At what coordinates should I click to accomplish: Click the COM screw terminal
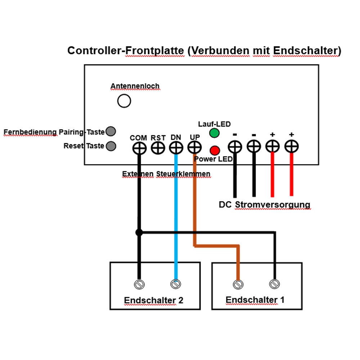[x=139, y=147]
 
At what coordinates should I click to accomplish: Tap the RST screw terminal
[x=158, y=147]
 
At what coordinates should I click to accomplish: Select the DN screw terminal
[x=176, y=147]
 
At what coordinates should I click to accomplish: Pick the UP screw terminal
[x=194, y=147]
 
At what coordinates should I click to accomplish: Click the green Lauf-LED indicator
[x=215, y=133]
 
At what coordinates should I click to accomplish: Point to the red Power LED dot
[x=215, y=150]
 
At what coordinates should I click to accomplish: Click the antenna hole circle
[x=124, y=101]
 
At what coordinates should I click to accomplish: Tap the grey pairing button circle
[x=111, y=132]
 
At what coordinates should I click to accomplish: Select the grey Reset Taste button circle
[x=111, y=146]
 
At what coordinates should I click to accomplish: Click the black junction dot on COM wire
[x=139, y=233]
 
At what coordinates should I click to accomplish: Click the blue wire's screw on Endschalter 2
[x=176, y=284]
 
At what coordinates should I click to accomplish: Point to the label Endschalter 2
[x=154, y=300]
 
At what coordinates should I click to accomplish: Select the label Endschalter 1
[x=255, y=300]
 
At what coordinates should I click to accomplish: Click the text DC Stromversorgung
[x=264, y=205]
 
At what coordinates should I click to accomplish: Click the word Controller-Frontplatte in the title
[x=126, y=51]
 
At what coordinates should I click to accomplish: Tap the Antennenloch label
[x=135, y=86]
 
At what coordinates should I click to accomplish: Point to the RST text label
[x=158, y=138]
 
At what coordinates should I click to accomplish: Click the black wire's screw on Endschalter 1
[x=275, y=284]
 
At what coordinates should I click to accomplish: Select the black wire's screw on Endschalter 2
[x=139, y=284]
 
